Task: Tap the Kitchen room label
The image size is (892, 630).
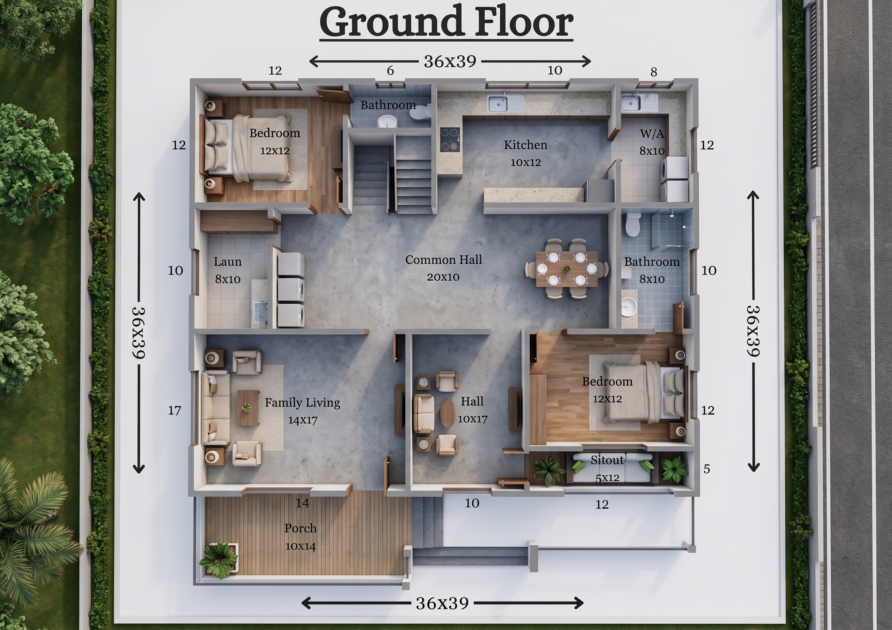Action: pyautogui.click(x=525, y=145)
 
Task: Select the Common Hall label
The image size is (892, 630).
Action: pyautogui.click(x=443, y=260)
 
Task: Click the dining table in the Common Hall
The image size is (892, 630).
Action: pyautogui.click(x=567, y=269)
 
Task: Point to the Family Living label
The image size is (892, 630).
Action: pyautogui.click(x=302, y=403)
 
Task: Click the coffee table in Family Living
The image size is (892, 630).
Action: pyautogui.click(x=248, y=408)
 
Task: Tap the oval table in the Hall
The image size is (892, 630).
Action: pyautogui.click(x=447, y=413)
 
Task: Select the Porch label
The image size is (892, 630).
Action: pyautogui.click(x=300, y=528)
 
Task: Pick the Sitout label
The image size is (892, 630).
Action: pyautogui.click(x=607, y=460)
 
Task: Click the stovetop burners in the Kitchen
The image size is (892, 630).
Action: pyautogui.click(x=450, y=139)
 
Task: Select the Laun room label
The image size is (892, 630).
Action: pyautogui.click(x=228, y=262)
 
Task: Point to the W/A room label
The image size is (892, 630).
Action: pyautogui.click(x=652, y=133)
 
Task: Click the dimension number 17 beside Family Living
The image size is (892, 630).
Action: pyautogui.click(x=174, y=410)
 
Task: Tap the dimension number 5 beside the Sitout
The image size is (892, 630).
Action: pyautogui.click(x=707, y=469)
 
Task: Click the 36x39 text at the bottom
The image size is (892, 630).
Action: pyautogui.click(x=442, y=603)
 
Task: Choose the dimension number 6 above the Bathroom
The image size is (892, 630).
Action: pyautogui.click(x=391, y=70)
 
